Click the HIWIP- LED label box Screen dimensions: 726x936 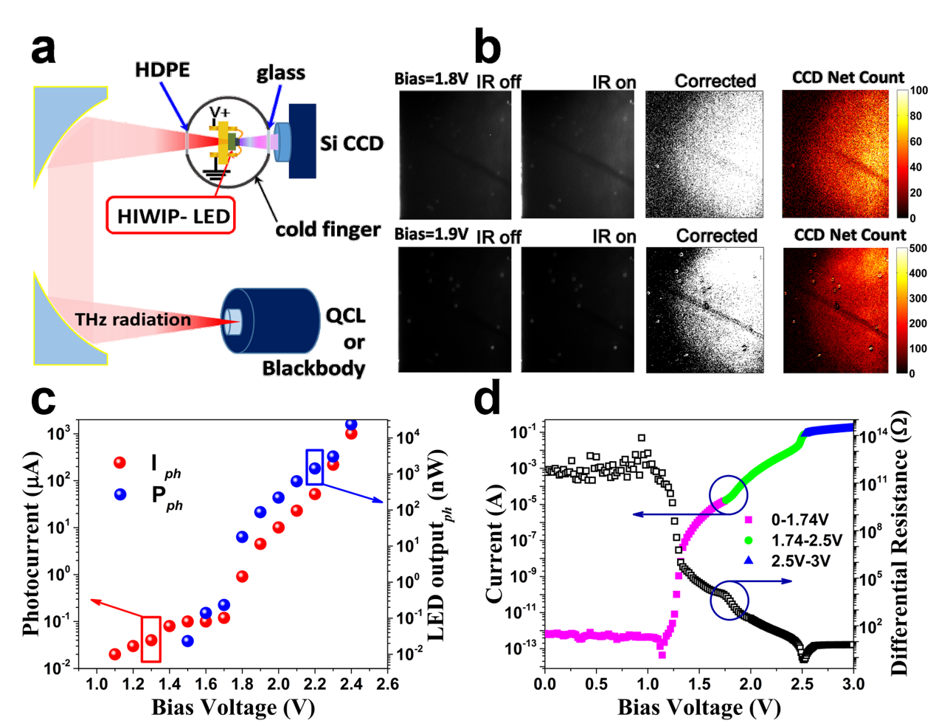[x=171, y=215]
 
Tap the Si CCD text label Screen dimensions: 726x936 [x=352, y=143]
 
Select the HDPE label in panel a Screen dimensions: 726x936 [x=162, y=70]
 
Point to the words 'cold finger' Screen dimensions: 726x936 [x=327, y=229]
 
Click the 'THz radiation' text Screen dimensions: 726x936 [x=133, y=319]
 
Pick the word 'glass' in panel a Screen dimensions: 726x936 [x=280, y=73]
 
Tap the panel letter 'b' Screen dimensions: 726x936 [x=488, y=46]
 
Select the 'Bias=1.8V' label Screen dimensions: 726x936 [x=431, y=79]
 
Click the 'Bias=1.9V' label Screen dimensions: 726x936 [x=431, y=234]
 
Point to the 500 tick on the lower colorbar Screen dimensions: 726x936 [x=918, y=248]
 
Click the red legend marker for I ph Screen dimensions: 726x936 [x=119, y=463]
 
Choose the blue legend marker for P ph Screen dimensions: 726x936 [x=119, y=494]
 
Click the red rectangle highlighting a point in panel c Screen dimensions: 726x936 [x=151, y=639]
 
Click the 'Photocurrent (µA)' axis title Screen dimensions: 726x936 [x=31, y=544]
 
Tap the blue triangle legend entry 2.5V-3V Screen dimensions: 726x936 [x=789, y=561]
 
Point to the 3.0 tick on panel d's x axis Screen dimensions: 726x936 [x=853, y=684]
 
